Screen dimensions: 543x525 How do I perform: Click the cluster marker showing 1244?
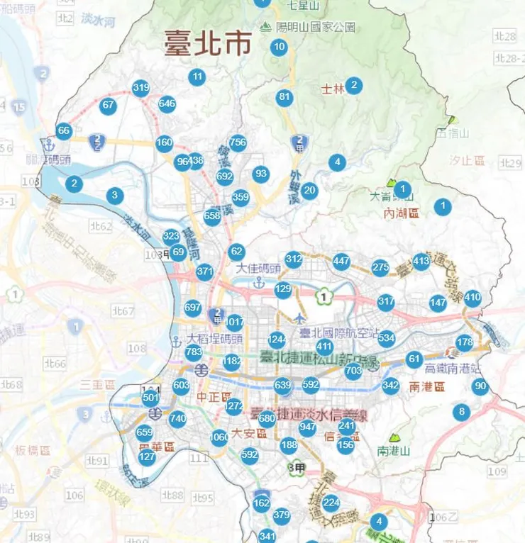[x=277, y=340]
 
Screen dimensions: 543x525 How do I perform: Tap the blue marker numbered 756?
[x=238, y=142]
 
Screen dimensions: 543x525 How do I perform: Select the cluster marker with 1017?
[x=234, y=321]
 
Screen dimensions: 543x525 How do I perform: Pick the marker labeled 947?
[x=307, y=427]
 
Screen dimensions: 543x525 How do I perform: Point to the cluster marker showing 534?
[x=386, y=337]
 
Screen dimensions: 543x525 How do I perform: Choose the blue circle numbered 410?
[x=472, y=298]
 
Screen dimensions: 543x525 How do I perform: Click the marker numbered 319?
[x=140, y=88]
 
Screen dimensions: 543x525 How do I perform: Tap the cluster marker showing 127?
[x=147, y=457]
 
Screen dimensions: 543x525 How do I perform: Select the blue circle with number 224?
[x=331, y=503]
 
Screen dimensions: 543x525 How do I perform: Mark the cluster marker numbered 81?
[x=284, y=97]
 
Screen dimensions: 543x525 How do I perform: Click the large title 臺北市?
[x=208, y=44]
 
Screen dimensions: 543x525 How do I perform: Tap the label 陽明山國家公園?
[x=316, y=27]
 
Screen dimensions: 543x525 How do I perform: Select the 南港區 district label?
[x=427, y=387]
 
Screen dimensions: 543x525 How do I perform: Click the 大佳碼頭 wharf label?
[x=259, y=269]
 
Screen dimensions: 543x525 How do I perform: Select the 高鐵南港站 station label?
[x=453, y=369]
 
